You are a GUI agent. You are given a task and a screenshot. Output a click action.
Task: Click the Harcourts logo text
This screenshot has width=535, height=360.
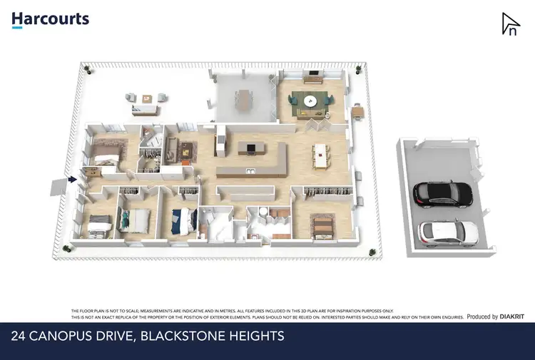[50, 19]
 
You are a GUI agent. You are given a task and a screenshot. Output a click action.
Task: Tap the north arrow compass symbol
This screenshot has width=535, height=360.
[509, 24]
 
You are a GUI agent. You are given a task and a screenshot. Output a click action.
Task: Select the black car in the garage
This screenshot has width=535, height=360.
[442, 192]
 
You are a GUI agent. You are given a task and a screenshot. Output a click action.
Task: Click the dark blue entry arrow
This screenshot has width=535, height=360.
[71, 180]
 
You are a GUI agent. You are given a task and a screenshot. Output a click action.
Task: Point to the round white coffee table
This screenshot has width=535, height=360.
[310, 101]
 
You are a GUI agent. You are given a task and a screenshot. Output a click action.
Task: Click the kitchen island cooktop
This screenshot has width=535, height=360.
[250, 148]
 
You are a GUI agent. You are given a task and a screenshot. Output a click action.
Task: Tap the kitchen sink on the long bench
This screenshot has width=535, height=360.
[250, 171]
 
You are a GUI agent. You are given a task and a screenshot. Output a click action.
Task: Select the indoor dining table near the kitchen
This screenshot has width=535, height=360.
[321, 155]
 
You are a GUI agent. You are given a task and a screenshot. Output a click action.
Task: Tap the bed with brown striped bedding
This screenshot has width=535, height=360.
[323, 226]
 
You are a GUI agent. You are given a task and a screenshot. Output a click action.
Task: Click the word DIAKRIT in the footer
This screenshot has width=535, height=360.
[511, 317]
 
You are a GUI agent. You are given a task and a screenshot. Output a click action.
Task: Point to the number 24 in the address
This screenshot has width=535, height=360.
[20, 336]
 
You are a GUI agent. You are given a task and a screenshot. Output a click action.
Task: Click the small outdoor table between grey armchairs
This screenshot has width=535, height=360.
[148, 98]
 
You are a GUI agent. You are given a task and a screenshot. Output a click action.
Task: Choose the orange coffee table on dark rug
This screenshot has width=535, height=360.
[185, 150]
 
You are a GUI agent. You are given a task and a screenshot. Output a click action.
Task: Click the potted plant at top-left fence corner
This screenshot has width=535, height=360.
[86, 68]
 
